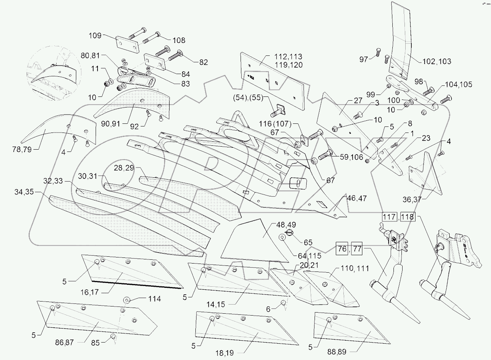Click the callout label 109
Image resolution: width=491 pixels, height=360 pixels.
pos(95,36)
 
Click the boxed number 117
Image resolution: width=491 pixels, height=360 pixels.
pos(390,218)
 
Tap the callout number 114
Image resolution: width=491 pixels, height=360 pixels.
pos(154,299)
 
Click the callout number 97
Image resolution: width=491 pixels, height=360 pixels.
pos(364,59)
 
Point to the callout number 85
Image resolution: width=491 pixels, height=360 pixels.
pos(95,343)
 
